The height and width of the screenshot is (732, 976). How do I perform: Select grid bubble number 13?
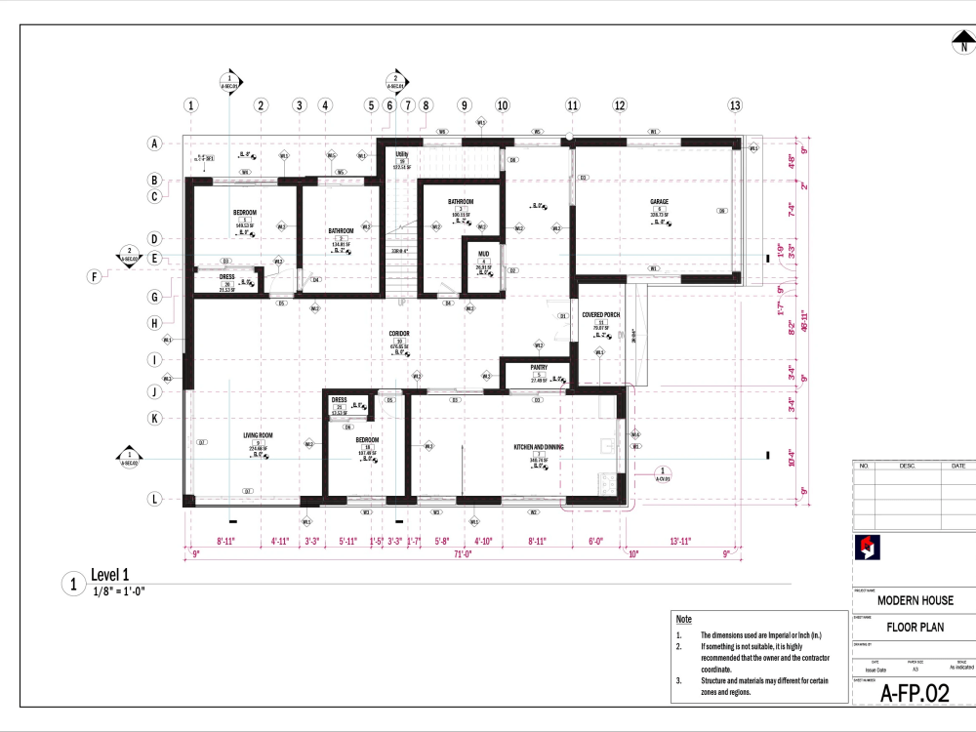pos(734,105)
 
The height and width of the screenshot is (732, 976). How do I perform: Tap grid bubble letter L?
pos(154,499)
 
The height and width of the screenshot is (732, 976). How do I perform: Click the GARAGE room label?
pos(659,203)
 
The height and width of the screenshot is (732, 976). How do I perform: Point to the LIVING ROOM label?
pos(258,436)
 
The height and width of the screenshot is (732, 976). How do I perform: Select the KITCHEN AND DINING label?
pos(539,447)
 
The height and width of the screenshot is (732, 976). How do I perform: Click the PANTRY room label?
pos(539,368)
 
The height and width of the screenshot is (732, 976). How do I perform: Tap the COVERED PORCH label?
pos(601,315)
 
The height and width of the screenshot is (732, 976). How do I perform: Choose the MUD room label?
pos(483,253)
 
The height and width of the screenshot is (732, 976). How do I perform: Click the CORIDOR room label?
pos(398,334)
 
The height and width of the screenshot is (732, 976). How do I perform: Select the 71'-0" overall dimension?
pos(463,553)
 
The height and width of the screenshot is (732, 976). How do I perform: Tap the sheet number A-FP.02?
pos(915,694)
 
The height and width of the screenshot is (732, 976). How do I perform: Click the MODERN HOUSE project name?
pos(915,600)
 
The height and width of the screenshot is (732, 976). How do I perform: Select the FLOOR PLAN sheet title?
pos(915,628)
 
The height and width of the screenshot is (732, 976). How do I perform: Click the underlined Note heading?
pos(683,620)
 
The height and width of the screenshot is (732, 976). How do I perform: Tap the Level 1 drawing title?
pos(109,576)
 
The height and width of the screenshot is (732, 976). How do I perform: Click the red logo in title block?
pos(863,549)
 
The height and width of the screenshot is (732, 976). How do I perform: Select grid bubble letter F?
pos(95,277)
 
